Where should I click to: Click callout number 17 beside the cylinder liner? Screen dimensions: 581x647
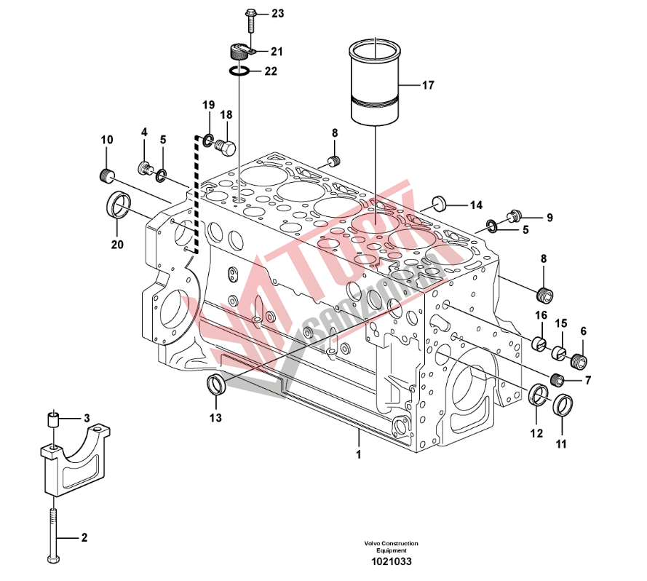point(426,85)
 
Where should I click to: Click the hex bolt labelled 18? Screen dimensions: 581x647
point(226,149)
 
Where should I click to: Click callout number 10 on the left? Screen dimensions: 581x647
point(107,140)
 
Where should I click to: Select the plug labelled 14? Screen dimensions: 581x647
point(438,202)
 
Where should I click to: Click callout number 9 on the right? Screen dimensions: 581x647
point(549,217)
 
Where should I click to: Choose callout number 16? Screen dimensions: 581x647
point(541,315)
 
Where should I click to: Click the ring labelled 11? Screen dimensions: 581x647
point(564,406)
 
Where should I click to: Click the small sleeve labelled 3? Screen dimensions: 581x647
point(52,420)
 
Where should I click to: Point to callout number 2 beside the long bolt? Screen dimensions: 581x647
point(84,538)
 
